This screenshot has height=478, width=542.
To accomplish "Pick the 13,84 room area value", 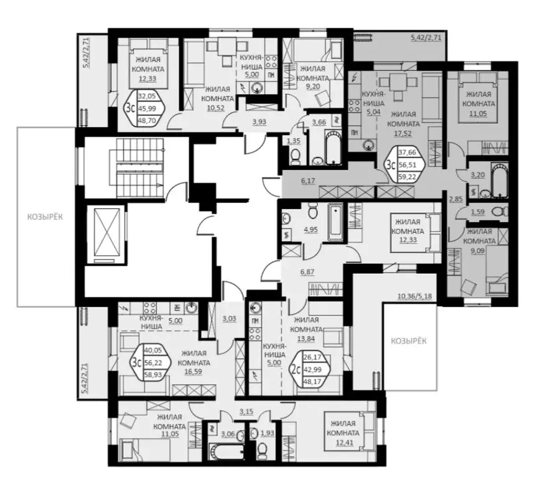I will click(308, 338).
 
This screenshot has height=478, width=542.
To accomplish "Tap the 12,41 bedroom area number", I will click(342, 443).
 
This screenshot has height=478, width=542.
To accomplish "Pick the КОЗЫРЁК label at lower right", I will click(409, 340).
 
